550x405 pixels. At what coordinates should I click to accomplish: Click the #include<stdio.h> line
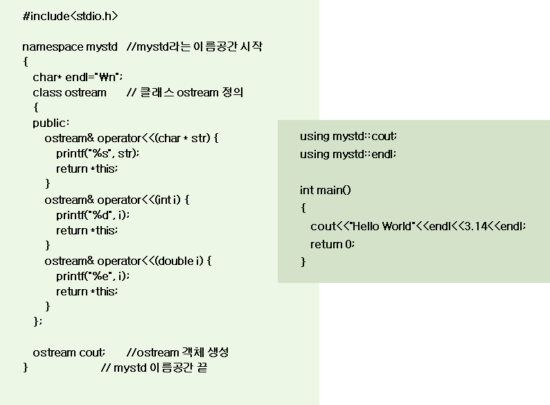pos(70,16)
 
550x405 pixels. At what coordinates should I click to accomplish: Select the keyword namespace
pos(53,47)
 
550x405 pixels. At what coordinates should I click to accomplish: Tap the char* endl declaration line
pos(78,77)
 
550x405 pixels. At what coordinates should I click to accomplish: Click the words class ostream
pos(69,92)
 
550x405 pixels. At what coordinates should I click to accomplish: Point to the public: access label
pos(51,123)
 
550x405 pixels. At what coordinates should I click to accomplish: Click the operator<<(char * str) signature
pos(131,139)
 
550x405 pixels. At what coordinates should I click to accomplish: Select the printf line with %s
pos(98,153)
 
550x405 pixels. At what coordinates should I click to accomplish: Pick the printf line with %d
pos(93,215)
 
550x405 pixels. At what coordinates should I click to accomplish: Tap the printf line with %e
pos(93,276)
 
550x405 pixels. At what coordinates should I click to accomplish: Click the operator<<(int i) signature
pos(117,200)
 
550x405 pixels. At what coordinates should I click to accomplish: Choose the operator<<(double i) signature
pos(128,261)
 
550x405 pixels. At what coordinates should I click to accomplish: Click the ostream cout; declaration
pos(69,352)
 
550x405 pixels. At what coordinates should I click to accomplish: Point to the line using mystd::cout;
pos(348,137)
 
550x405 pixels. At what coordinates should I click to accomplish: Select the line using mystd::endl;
pos(348,154)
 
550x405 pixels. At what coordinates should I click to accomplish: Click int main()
pos(325,190)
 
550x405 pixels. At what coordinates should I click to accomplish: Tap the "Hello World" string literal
pos(380,226)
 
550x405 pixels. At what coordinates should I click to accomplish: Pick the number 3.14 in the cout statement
pos(476,226)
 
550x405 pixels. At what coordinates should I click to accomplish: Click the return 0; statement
pos(332,244)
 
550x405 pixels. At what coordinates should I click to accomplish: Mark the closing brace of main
pos(303,261)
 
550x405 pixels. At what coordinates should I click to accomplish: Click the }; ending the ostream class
pos(37,321)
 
